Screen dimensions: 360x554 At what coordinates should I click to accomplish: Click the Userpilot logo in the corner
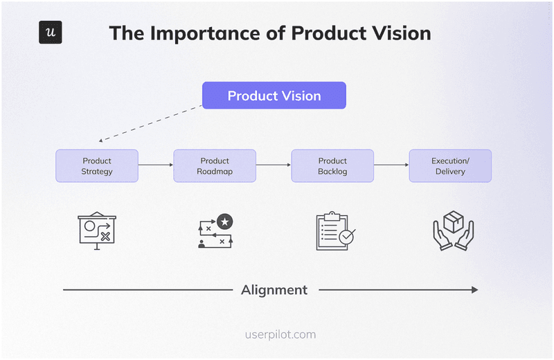tap(50, 33)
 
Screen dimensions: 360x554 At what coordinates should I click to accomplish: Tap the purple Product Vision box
tap(274, 96)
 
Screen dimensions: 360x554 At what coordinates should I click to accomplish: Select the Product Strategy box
tap(97, 166)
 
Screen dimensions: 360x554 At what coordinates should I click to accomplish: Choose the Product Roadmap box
tap(215, 166)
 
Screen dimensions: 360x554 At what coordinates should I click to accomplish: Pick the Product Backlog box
tap(332, 166)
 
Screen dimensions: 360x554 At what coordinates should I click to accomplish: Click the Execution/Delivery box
tap(450, 166)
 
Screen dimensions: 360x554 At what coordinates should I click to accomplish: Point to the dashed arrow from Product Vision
tap(149, 125)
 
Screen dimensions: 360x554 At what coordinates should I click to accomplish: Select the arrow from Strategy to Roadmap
tap(156, 165)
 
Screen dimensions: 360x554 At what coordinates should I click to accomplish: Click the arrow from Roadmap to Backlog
tap(274, 165)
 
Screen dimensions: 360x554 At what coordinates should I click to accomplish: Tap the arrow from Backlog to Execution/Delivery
tap(391, 165)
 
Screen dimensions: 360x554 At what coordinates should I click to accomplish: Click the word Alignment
tap(274, 289)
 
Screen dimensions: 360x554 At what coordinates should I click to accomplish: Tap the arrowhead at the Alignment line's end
tap(474, 289)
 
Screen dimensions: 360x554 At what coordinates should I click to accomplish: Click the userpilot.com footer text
tap(280, 334)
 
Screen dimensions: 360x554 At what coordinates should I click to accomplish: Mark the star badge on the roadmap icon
tap(224, 222)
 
